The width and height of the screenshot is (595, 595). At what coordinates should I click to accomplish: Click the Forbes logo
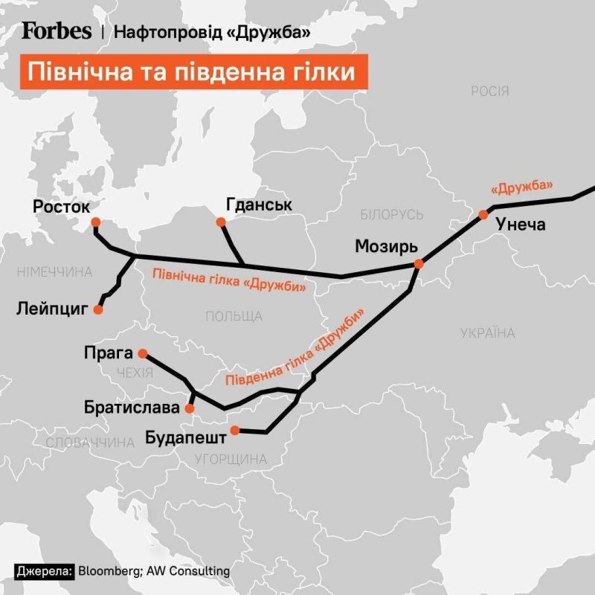click(x=57, y=30)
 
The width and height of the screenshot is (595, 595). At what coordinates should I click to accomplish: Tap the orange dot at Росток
click(x=94, y=222)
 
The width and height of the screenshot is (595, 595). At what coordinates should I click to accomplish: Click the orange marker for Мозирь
click(x=419, y=263)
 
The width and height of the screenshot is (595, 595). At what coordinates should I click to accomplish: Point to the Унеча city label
click(x=521, y=224)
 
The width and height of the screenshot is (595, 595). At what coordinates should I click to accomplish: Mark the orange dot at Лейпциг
click(x=97, y=309)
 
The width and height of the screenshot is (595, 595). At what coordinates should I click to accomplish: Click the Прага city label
click(x=109, y=353)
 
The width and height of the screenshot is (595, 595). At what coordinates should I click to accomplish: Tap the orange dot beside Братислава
click(x=190, y=408)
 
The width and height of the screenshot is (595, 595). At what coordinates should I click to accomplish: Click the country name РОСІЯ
click(x=489, y=91)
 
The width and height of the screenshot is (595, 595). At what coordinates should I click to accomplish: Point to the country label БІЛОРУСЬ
click(x=391, y=215)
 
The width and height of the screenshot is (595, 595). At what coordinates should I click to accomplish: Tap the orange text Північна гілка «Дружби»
click(x=228, y=280)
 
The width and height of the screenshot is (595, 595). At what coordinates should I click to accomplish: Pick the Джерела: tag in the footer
click(x=44, y=571)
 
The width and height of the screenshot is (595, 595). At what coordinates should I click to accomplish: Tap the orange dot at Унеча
click(x=483, y=214)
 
